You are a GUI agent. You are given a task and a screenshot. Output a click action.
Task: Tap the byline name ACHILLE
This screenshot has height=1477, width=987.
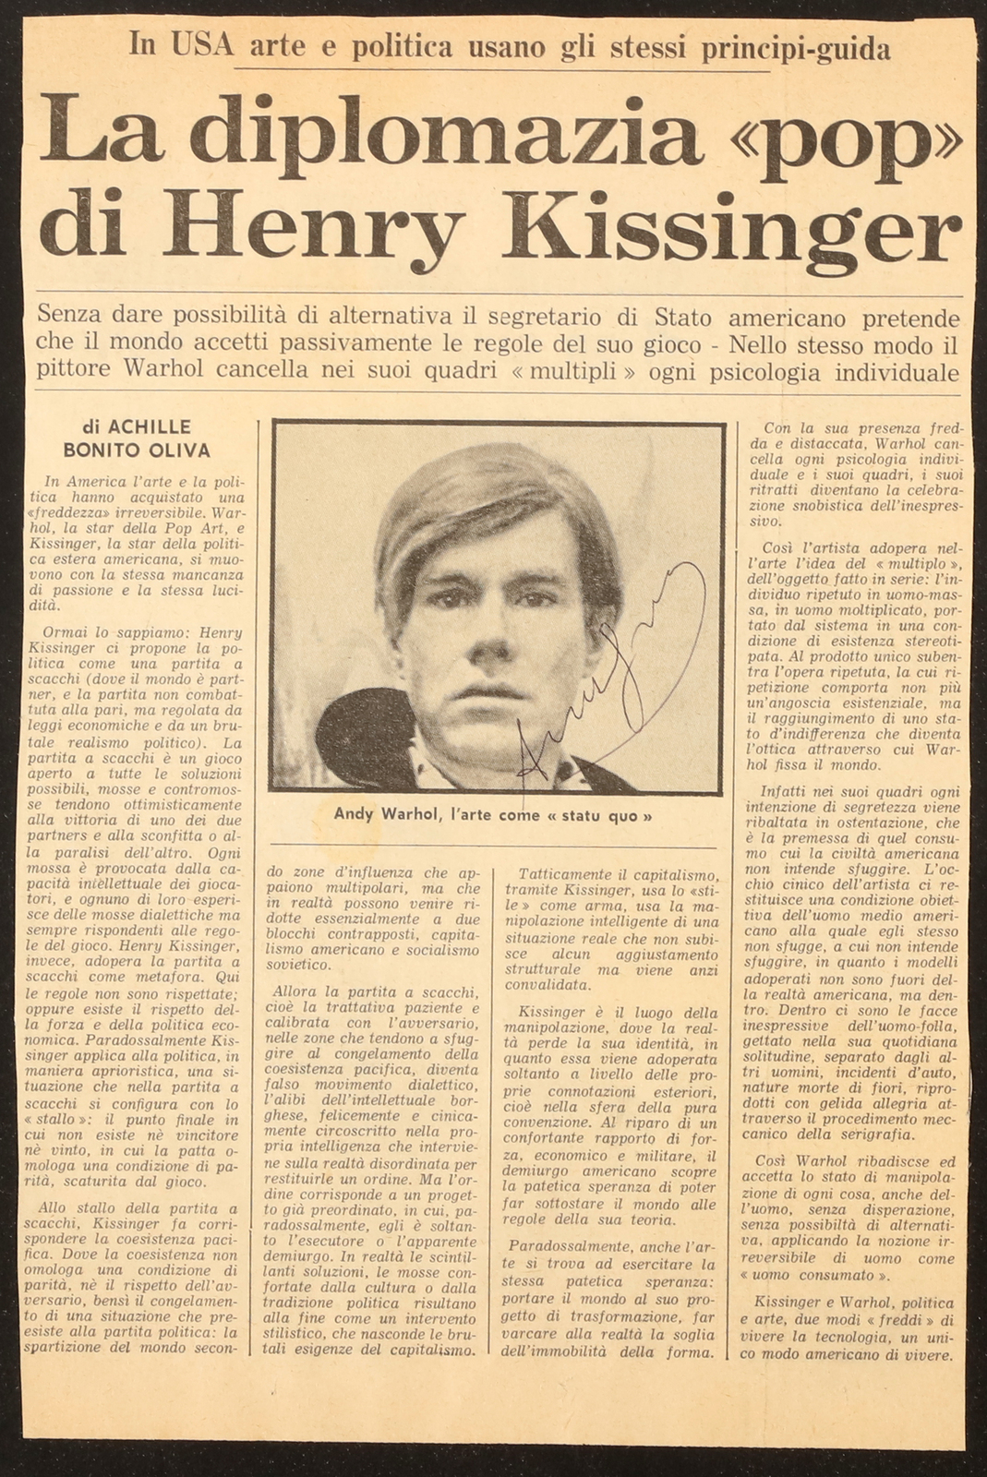(x=150, y=426)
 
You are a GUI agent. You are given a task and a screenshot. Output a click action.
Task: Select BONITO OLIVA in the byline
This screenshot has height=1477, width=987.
(x=136, y=450)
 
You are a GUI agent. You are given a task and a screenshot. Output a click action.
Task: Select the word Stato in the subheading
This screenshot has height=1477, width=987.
(x=682, y=319)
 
